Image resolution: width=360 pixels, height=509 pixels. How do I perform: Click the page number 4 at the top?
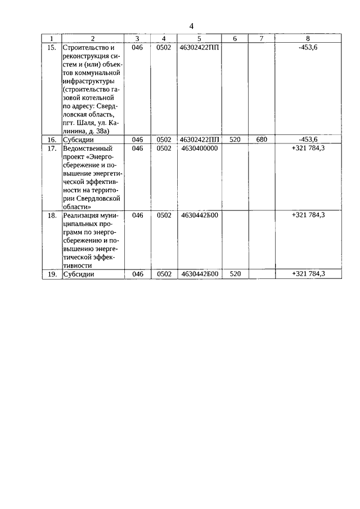pos(191,26)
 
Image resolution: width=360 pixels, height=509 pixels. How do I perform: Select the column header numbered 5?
pos(199,38)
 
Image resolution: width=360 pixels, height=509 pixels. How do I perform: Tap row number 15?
pos(51,48)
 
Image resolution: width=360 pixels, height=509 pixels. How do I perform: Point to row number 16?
pos(51,139)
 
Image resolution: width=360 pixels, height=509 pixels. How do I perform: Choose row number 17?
pos(51,148)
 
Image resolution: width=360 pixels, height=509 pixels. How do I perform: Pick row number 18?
pos(51,215)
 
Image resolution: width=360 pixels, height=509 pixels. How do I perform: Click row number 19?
pos(51,274)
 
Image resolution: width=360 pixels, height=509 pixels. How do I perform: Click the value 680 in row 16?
pos(261,139)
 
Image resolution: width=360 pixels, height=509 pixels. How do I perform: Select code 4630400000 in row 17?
pos(199,148)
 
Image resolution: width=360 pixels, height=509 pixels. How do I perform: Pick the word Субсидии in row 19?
pos(78,274)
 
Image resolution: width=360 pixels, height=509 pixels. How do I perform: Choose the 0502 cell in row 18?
pos(164,215)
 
